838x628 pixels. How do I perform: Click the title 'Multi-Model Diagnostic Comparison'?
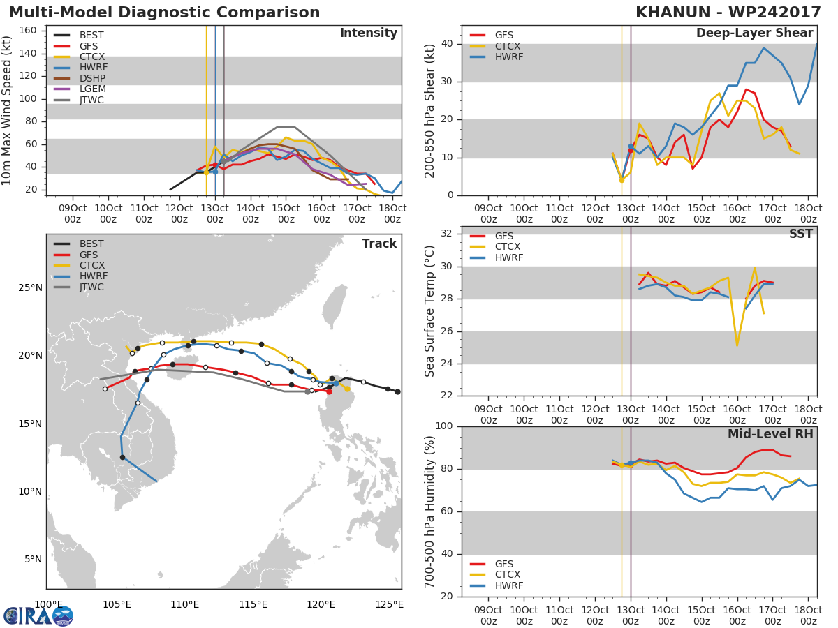coord(164,13)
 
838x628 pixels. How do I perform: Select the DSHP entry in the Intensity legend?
coord(91,78)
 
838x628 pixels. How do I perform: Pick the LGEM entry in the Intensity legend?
coord(91,89)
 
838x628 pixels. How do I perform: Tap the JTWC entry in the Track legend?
coord(91,287)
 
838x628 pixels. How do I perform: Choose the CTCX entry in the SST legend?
coord(507,247)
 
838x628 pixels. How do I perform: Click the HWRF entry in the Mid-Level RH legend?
coord(508,586)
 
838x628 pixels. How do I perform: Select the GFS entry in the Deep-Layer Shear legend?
coord(503,35)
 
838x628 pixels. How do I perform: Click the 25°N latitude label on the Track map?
coord(29,288)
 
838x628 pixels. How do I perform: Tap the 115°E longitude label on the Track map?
coord(253,604)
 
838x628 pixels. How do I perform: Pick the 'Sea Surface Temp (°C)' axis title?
coord(430,311)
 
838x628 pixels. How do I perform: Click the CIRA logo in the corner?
coord(38,615)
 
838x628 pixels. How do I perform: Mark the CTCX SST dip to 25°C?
coord(737,345)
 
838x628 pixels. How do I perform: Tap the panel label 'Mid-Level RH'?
coord(770,434)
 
